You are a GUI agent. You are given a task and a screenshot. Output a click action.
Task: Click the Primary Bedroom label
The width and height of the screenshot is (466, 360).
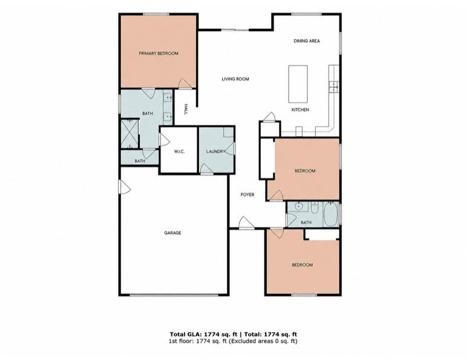coord(159,53)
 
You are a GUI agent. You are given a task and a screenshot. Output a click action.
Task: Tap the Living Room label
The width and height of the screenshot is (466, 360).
coord(235,79)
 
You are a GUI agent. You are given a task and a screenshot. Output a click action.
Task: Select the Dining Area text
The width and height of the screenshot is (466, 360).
coord(307,41)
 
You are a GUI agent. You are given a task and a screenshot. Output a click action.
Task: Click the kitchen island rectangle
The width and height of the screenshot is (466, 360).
coord(298,84)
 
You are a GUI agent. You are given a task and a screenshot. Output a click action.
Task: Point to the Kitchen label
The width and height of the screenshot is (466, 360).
coord(300,110)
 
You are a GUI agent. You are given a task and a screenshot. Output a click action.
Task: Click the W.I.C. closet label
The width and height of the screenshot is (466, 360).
coord(179,151)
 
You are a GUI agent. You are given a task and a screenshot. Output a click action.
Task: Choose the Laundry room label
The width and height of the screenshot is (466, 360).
coord(216,151)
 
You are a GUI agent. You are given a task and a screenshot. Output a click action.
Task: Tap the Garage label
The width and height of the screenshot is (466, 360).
coord(172,233)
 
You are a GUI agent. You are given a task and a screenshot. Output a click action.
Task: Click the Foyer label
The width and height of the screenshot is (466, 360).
coord(248,195)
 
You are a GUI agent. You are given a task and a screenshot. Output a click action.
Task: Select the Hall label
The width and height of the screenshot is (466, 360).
coord(186,110)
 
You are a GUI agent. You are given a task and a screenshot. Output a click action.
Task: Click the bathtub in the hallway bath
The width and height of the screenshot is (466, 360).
coord(330,214)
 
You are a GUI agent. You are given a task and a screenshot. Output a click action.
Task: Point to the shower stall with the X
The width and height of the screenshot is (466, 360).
coord(130,133)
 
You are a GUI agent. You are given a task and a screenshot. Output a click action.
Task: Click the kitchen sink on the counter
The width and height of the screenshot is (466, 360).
coord(333,87)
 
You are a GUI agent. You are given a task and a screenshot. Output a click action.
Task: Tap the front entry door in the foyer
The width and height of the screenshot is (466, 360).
coord(247,223)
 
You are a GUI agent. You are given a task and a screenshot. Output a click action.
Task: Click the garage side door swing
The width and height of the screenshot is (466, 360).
coord(125,187)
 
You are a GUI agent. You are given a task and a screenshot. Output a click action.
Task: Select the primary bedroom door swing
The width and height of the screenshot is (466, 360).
coord(185,83)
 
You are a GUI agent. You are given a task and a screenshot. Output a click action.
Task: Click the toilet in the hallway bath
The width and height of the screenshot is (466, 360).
coord(315,208)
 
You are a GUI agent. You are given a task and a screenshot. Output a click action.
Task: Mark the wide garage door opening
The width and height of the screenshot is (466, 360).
coord(174,295)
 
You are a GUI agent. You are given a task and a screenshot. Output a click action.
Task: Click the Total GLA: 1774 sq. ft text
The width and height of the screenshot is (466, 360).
coord(203,335)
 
